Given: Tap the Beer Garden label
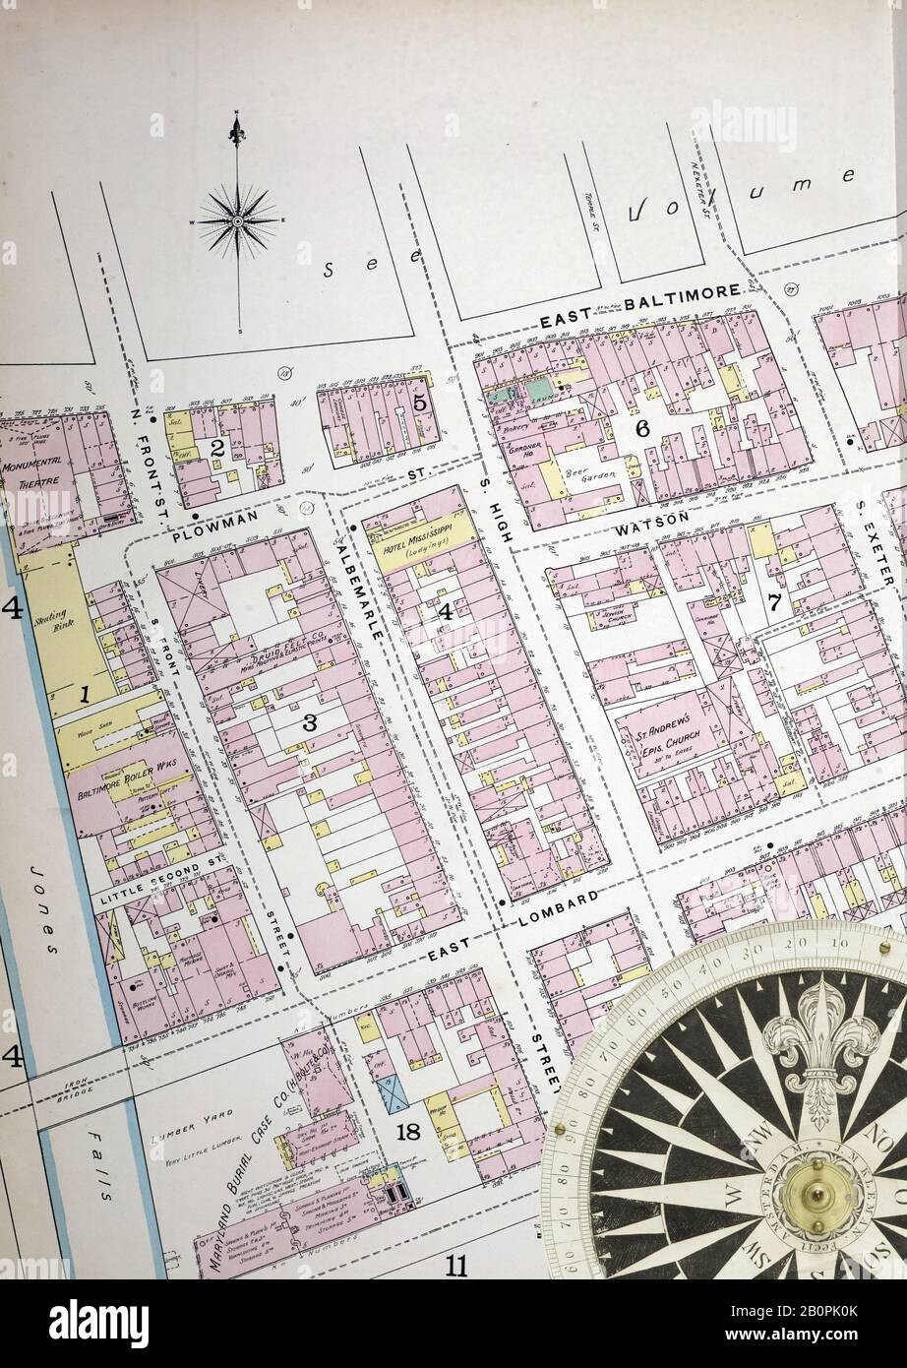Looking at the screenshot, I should click(587, 478).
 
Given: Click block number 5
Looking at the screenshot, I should click(419, 403).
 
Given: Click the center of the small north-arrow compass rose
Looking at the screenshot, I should click(237, 221).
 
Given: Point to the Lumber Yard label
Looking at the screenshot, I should click(192, 1115).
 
